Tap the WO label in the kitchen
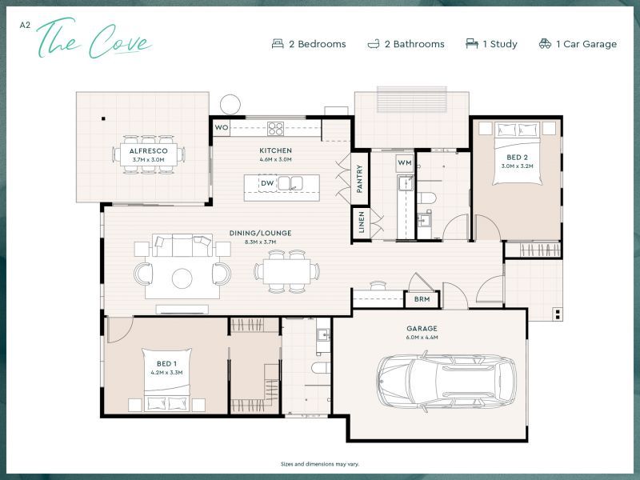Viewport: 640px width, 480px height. (222, 127)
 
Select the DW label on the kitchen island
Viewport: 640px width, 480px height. (267, 183)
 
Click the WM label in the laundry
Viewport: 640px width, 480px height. (406, 163)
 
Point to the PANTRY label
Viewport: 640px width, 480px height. (360, 180)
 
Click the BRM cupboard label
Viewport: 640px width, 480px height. (421, 300)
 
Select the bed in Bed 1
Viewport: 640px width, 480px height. (166, 379)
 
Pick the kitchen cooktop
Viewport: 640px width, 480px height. (275, 127)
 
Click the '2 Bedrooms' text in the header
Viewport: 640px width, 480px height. (317, 44)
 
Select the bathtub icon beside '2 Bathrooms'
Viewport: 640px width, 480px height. (374, 44)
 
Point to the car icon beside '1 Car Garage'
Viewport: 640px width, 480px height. (545, 44)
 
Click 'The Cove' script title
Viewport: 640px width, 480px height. (94, 40)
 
